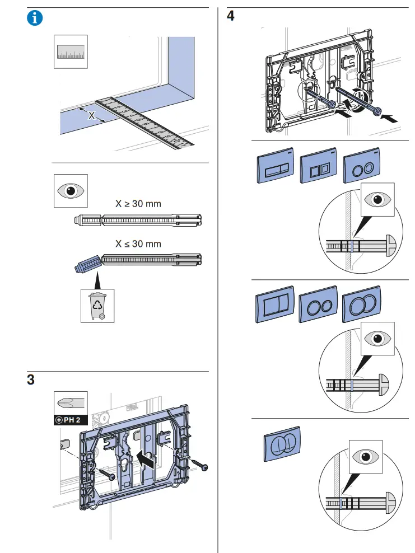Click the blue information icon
[x=35, y=17]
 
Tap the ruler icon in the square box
[x=71, y=51]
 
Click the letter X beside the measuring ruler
[x=92, y=116]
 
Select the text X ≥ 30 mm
[x=138, y=204]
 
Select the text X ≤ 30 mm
[x=138, y=244]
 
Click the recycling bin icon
[x=97, y=306]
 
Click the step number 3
[x=31, y=379]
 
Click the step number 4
[x=230, y=16]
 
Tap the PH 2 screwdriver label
[x=71, y=420]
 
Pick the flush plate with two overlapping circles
[x=361, y=307]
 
